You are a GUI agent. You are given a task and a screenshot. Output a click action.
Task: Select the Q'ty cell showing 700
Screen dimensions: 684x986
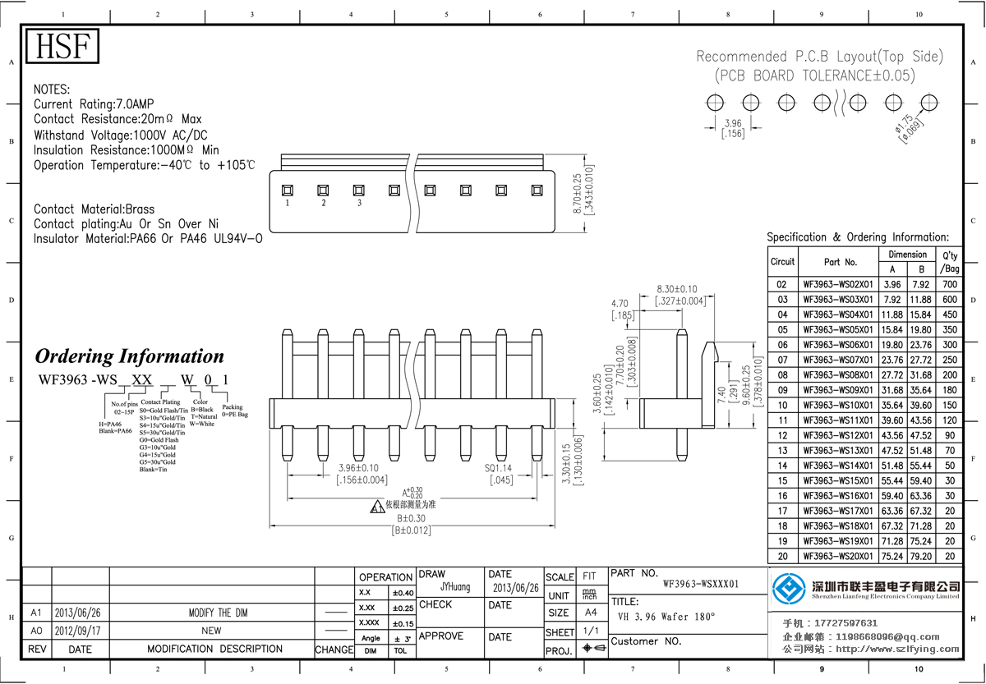pos(950,284)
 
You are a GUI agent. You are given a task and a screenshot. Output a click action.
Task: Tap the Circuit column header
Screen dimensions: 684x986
pos(782,262)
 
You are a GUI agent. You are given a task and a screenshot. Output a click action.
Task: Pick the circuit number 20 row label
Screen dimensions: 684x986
pos(782,556)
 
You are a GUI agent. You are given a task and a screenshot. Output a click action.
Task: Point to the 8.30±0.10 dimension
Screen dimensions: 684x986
pos(677,289)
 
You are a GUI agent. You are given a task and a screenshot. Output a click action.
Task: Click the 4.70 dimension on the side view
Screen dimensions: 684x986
pos(620,303)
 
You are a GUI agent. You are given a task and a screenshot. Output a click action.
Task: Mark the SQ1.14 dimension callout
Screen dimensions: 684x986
pos(499,468)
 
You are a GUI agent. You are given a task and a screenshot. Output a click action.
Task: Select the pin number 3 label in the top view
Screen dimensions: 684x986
pos(359,203)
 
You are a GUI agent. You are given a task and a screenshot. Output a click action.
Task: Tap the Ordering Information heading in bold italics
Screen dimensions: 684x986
pos(129,356)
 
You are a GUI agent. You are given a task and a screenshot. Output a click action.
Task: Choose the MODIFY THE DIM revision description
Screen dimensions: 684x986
pos(211,613)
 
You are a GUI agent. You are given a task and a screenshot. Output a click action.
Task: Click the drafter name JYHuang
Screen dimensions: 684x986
pos(455,587)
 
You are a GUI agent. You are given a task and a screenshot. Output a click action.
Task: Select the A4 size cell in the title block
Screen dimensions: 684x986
pos(591,613)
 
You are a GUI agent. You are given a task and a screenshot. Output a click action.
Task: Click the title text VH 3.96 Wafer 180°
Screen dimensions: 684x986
pos(666,617)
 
